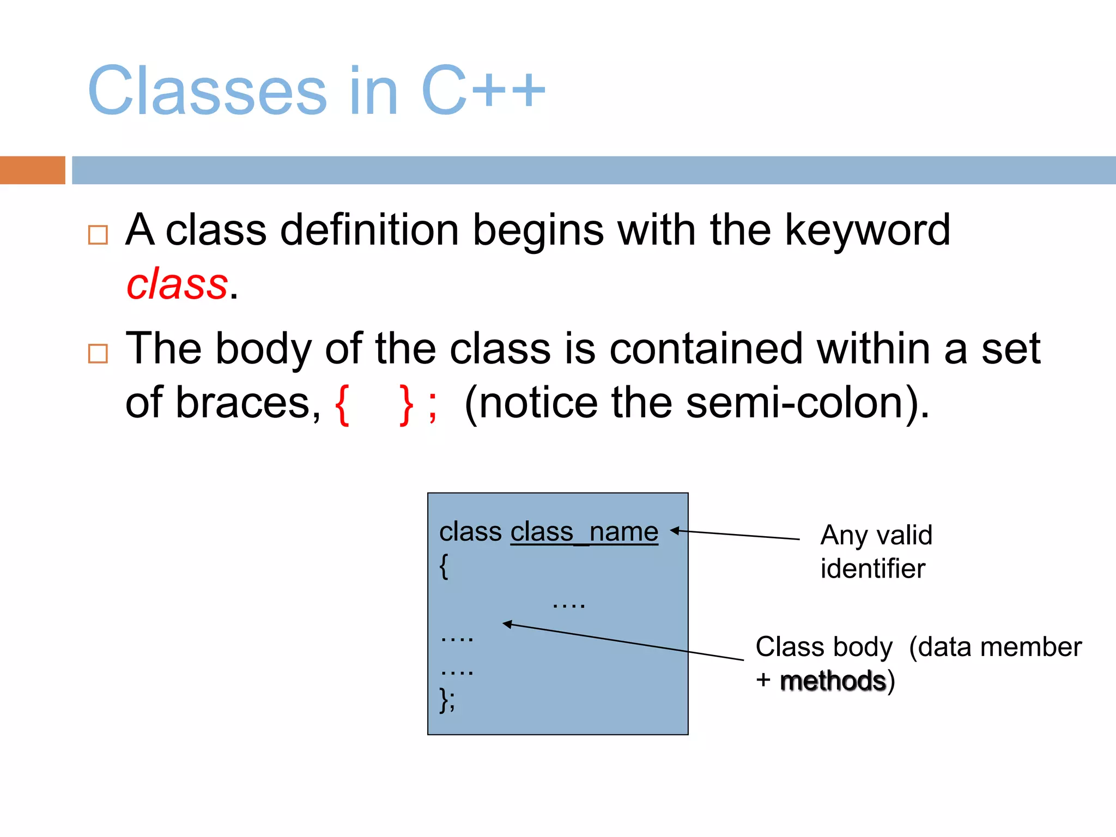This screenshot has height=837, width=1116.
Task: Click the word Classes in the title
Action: pos(207,91)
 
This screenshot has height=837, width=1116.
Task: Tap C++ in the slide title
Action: pos(483,91)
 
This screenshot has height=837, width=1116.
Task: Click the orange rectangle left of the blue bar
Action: pos(32,170)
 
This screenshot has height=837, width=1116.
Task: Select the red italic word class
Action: pos(177,284)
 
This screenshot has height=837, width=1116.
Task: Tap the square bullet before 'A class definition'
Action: pos(98,235)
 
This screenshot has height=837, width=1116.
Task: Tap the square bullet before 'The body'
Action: pos(98,354)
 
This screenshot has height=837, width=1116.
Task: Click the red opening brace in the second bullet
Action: pos(342,405)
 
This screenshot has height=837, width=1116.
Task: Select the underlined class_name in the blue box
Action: pos(584,532)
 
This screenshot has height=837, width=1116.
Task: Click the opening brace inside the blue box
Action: pos(444,567)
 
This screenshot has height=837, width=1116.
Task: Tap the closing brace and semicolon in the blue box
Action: pos(447,700)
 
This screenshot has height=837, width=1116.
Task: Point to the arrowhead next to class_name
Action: pos(675,530)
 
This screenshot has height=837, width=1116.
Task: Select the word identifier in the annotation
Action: pos(872,569)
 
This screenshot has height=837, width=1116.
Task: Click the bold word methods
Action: pos(833,681)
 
